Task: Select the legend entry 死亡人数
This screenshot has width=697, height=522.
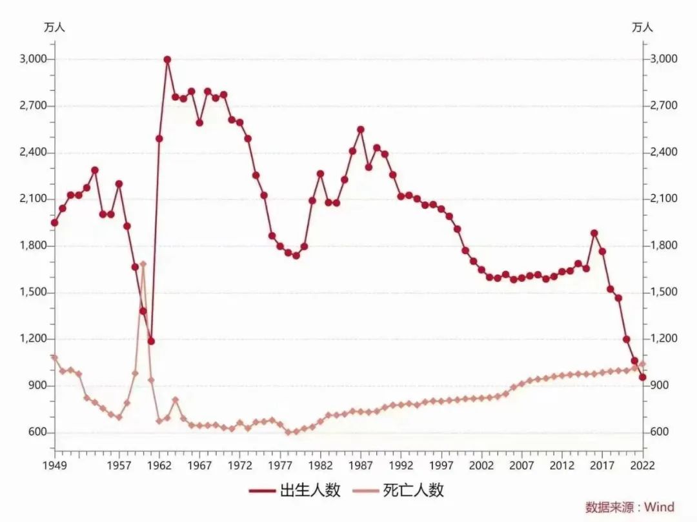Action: click(398, 490)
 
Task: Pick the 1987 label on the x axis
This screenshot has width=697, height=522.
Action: click(360, 465)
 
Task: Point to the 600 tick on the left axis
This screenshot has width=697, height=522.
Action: click(39, 432)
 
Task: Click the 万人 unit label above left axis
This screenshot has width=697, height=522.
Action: click(54, 27)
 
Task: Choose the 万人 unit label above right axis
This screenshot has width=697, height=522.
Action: click(642, 27)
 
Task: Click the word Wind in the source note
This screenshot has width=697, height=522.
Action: click(659, 507)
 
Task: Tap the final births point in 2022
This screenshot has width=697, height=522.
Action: click(643, 377)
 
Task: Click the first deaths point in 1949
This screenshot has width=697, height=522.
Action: click(54, 357)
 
